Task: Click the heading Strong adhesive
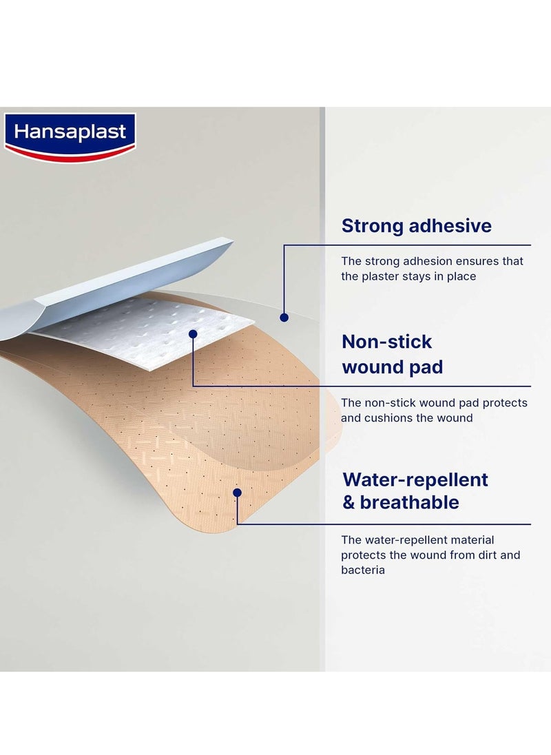pos(416,225)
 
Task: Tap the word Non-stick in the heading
pos(386,342)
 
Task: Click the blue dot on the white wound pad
pos(193,333)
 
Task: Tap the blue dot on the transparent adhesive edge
pos(282,317)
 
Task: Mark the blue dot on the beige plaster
pos(237,493)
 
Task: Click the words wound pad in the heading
pos(392,366)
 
